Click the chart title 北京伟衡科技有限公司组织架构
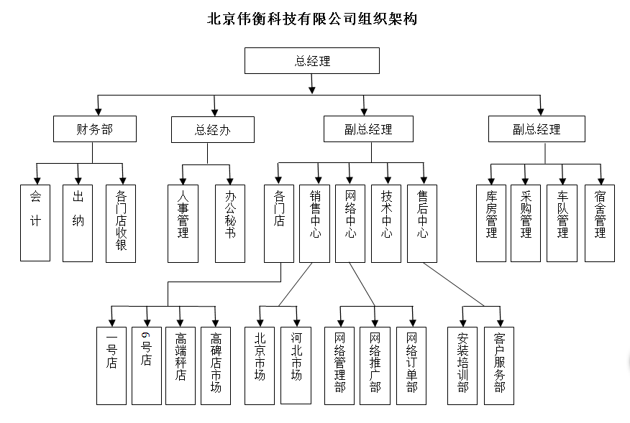(x=312, y=19)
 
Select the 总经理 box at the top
(x=312, y=61)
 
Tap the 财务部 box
(x=94, y=129)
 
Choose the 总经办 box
(x=212, y=130)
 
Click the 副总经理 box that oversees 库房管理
(x=536, y=129)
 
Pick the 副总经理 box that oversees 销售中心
(x=368, y=129)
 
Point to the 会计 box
(x=35, y=223)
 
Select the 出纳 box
(x=78, y=223)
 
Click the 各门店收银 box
(x=121, y=223)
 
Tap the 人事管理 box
(x=183, y=223)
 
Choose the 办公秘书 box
(x=230, y=223)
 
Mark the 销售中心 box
(x=314, y=223)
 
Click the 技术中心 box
(x=386, y=223)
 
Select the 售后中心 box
(x=422, y=223)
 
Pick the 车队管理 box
(x=562, y=223)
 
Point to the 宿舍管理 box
(x=599, y=223)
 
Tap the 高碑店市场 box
(x=215, y=365)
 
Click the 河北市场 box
(x=296, y=365)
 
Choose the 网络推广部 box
(x=375, y=365)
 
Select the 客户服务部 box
(x=499, y=365)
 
